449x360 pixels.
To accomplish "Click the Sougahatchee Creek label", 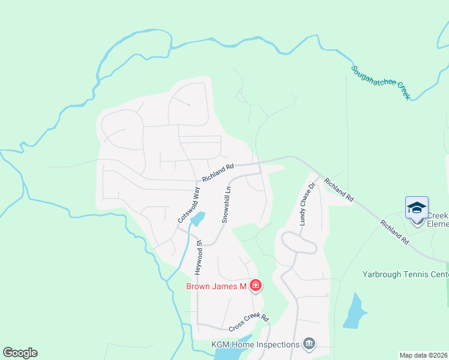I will pyautogui.click(x=381, y=82).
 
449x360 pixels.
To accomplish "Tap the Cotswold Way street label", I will pyautogui.click(x=189, y=205).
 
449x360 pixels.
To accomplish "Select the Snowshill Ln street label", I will pyautogui.click(x=227, y=205).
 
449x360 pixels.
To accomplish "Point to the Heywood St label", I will pyautogui.click(x=198, y=259).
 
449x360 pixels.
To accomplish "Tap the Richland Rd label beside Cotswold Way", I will pyautogui.click(x=217, y=174).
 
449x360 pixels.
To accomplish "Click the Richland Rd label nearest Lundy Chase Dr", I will pyautogui.click(x=339, y=188).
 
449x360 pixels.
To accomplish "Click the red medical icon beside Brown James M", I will pyautogui.click(x=256, y=286).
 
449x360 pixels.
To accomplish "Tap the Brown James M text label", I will pyautogui.click(x=215, y=286).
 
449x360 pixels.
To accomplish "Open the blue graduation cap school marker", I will pyautogui.click(x=417, y=208).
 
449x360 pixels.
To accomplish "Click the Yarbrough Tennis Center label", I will pyautogui.click(x=405, y=275).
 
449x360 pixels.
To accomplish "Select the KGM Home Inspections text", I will pyautogui.click(x=255, y=344).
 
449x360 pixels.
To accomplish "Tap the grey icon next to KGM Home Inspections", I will pyautogui.click(x=309, y=344).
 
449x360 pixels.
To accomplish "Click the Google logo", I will pyautogui.click(x=20, y=353).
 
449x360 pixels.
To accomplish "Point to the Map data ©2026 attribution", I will pyautogui.click(x=424, y=355).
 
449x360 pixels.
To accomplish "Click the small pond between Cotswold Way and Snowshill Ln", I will pyautogui.click(x=197, y=219).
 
